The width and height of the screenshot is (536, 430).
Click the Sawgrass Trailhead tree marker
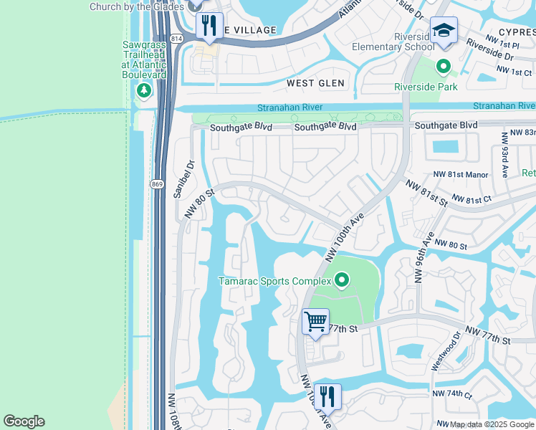[x=144, y=90]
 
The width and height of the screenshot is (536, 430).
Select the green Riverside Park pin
[x=444, y=68]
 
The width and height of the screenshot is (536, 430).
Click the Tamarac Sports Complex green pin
[x=342, y=280]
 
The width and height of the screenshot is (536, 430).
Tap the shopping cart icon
[x=315, y=320]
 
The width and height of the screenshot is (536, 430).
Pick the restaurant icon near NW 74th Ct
[x=327, y=396]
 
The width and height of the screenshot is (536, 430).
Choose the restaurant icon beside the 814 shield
[x=209, y=26]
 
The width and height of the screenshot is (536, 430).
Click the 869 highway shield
[x=157, y=184]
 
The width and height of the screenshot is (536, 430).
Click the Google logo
[x=24, y=421]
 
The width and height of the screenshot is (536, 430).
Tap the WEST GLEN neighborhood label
[x=315, y=83]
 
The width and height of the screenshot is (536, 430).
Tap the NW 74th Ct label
[x=452, y=394]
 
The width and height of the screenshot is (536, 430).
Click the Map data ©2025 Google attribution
[x=492, y=424]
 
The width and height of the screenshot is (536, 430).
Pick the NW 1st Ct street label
[x=515, y=72]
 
